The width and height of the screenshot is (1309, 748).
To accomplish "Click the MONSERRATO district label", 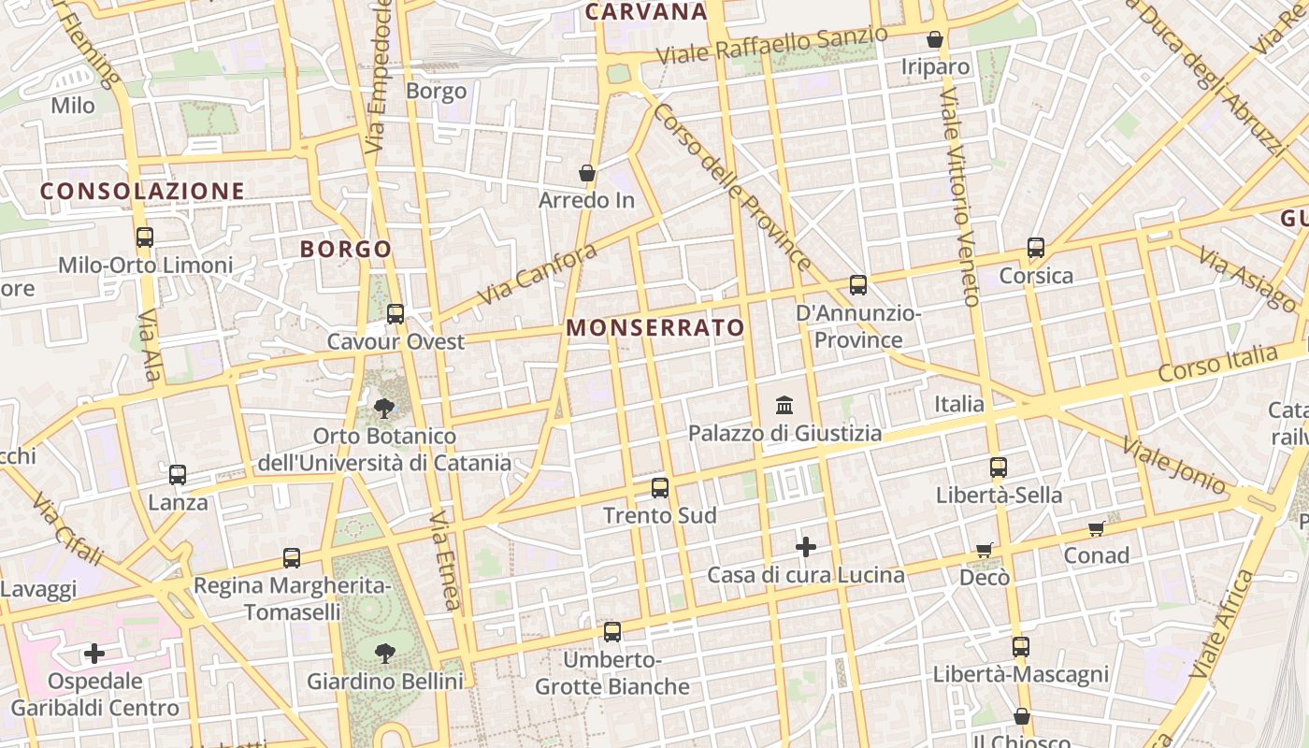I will [x=655, y=328].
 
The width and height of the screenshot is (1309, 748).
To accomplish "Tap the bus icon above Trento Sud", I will [x=660, y=488].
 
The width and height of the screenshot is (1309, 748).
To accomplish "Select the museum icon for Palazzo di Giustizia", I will [x=784, y=406].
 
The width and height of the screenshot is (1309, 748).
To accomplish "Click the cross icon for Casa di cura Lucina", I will [x=806, y=547].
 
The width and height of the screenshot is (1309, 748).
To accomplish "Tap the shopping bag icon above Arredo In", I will [x=587, y=173].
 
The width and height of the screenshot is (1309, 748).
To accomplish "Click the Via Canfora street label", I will [x=537, y=274].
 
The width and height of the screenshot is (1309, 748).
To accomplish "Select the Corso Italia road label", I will [x=1217, y=362].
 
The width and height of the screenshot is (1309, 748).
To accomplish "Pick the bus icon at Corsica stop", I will [x=1036, y=248].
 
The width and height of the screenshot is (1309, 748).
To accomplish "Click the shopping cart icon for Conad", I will [x=1097, y=529].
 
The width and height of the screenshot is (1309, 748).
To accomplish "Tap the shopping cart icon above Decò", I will [x=984, y=550].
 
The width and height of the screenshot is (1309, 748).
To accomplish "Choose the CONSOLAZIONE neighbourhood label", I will [x=142, y=192].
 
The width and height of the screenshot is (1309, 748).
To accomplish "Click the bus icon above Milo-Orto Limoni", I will [x=144, y=237].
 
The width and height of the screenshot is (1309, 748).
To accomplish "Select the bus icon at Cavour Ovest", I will [x=396, y=314].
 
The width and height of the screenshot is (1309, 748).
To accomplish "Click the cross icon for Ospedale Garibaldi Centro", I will [x=94, y=653].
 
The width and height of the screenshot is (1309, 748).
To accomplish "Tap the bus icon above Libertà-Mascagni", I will [x=1020, y=647].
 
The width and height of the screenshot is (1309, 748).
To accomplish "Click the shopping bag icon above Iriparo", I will [x=934, y=39].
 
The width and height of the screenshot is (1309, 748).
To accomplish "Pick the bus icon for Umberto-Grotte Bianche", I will [x=612, y=632].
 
